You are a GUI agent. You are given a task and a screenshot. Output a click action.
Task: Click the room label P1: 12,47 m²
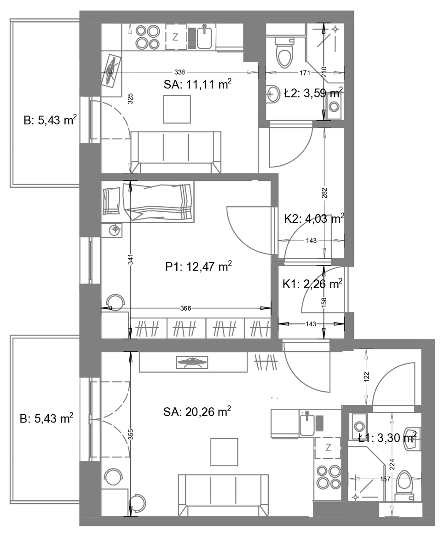click(x=198, y=266)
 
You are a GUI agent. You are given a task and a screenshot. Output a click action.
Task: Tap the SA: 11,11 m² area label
click(x=197, y=84)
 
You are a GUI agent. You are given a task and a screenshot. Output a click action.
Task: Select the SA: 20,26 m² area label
click(x=197, y=411)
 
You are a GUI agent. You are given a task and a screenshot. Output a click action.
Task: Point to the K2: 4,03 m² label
click(x=314, y=219)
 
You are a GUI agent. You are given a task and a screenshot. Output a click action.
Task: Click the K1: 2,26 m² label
click(x=312, y=284)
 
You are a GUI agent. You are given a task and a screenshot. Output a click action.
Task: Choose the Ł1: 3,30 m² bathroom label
click(x=387, y=438)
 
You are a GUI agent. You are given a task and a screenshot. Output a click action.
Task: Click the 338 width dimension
click(x=179, y=72)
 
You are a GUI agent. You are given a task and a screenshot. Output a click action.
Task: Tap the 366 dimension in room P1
click(x=185, y=308)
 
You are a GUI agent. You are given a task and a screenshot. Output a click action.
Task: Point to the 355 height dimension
click(x=130, y=434)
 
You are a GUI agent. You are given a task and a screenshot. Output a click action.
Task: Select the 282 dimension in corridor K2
click(x=324, y=193)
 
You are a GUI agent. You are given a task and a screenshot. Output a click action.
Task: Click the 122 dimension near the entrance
click(x=366, y=377)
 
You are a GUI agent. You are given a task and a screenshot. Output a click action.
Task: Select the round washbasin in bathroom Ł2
click(x=273, y=93)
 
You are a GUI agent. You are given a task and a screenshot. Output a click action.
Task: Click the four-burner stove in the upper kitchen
click(x=148, y=37)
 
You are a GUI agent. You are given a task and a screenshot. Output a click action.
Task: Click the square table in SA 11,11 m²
click(x=177, y=109)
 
